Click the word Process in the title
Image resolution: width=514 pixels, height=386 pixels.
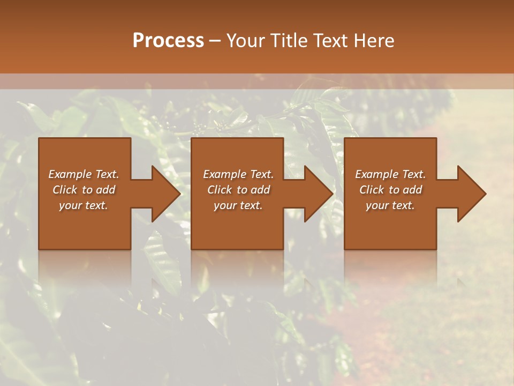168,41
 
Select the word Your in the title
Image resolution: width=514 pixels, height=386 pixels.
245,41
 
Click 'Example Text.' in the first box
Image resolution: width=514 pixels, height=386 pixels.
84,174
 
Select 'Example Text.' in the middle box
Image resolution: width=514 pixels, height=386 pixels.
238,174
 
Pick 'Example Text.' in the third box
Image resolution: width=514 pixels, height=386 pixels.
390,174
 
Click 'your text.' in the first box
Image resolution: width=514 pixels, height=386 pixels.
84,205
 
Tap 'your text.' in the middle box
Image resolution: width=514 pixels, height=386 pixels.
238,205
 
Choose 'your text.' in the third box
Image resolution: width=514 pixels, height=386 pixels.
390,205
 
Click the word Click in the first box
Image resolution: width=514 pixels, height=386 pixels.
65,190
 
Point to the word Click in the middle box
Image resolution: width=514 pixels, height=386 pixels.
220,190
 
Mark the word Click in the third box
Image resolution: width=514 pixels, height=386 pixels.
372,190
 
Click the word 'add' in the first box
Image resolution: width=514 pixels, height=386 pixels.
105,190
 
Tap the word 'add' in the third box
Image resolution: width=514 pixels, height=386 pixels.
412,190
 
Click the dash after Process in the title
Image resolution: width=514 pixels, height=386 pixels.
215,41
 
